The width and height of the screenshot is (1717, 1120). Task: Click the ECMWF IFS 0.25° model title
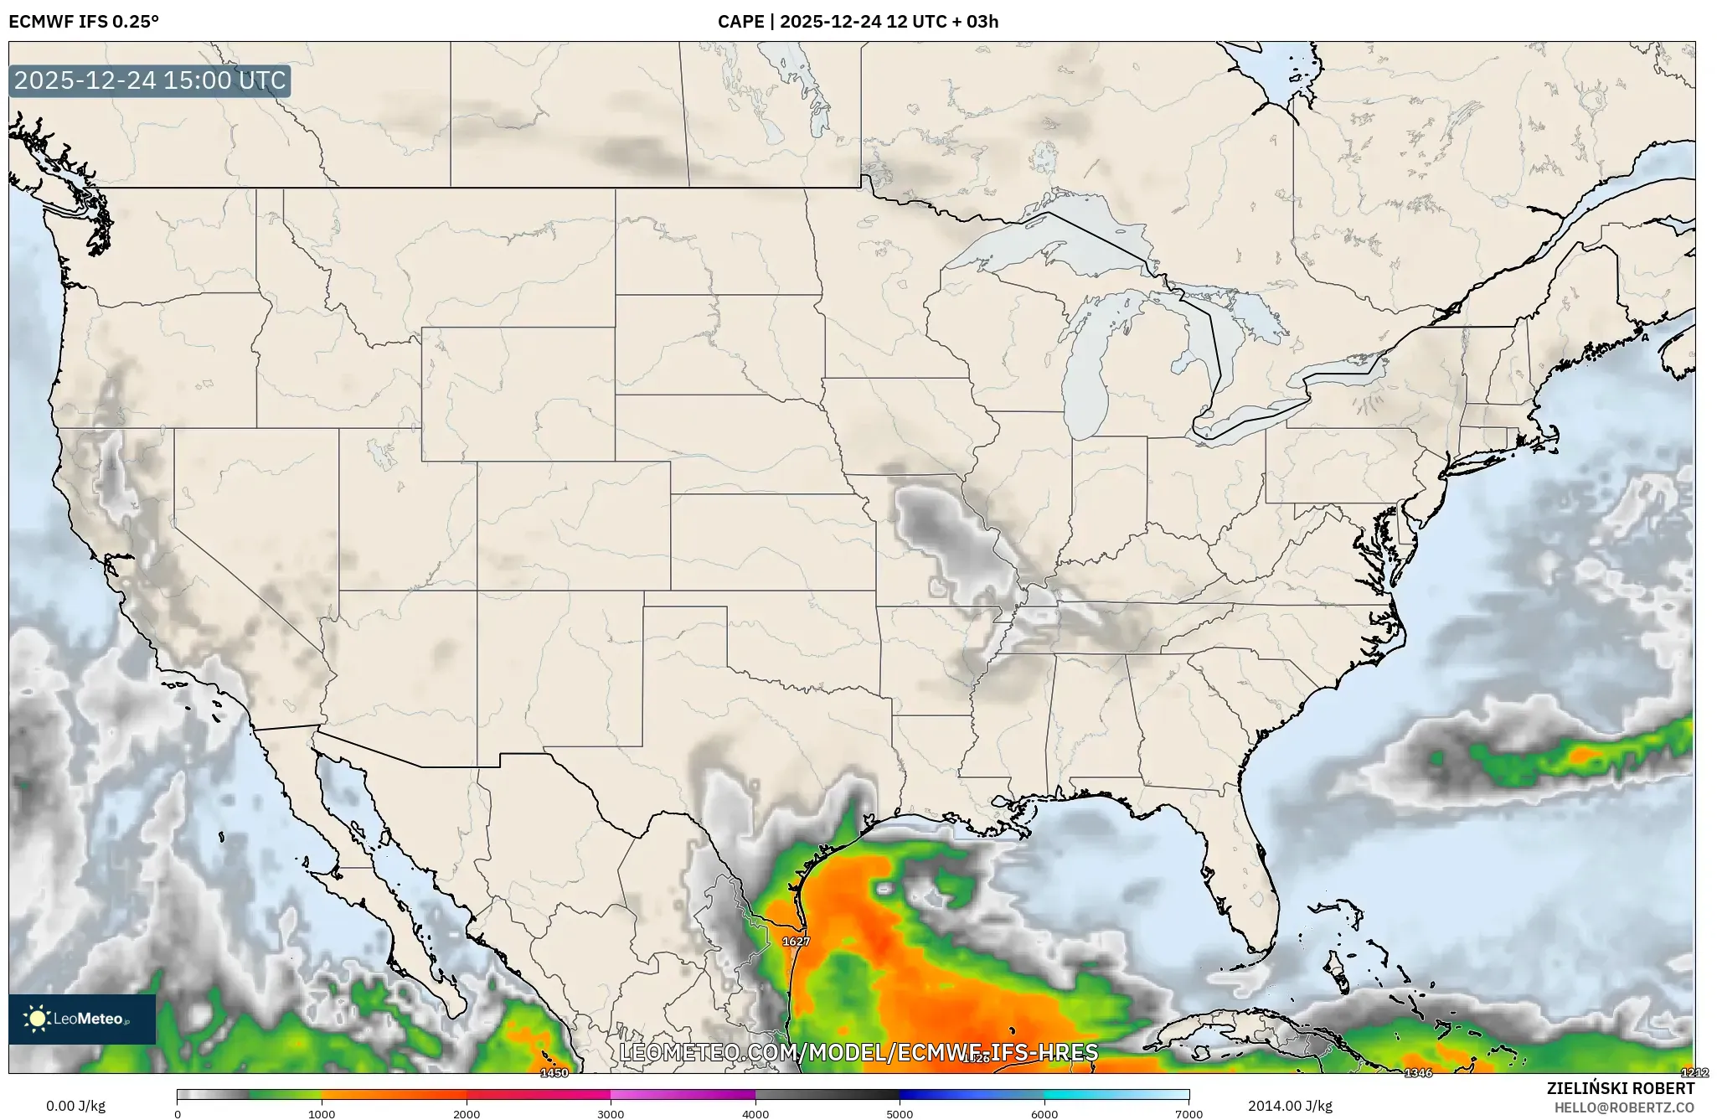pos(84,22)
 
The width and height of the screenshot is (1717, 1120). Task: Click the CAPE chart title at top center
pos(858,22)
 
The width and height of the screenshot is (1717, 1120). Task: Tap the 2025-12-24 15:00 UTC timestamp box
pos(150,81)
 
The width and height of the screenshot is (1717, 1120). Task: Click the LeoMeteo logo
pos(82,1019)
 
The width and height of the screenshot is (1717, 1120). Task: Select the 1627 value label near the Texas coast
pos(796,941)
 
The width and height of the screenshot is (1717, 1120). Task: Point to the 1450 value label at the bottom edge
pos(554,1072)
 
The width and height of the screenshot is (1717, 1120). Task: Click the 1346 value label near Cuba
pos(1418,1072)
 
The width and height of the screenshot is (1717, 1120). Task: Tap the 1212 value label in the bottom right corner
pos(1694,1072)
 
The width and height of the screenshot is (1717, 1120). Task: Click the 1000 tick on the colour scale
pos(322,1114)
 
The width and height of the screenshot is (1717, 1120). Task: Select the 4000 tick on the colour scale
pos(755,1114)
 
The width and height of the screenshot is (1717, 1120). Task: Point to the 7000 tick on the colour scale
pos(1188,1114)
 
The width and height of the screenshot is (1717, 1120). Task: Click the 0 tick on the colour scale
pos(178,1114)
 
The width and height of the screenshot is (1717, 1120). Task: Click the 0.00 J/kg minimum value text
pos(75,1106)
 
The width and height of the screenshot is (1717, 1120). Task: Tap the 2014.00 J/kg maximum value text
pos(1290,1106)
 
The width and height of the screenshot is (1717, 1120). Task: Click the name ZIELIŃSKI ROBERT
pos(1620,1088)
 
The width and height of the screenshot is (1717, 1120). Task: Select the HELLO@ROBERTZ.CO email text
pos(1624,1107)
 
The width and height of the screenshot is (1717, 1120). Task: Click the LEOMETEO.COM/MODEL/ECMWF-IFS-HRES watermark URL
pos(858,1052)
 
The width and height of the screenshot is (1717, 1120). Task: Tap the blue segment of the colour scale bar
pos(946,1094)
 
